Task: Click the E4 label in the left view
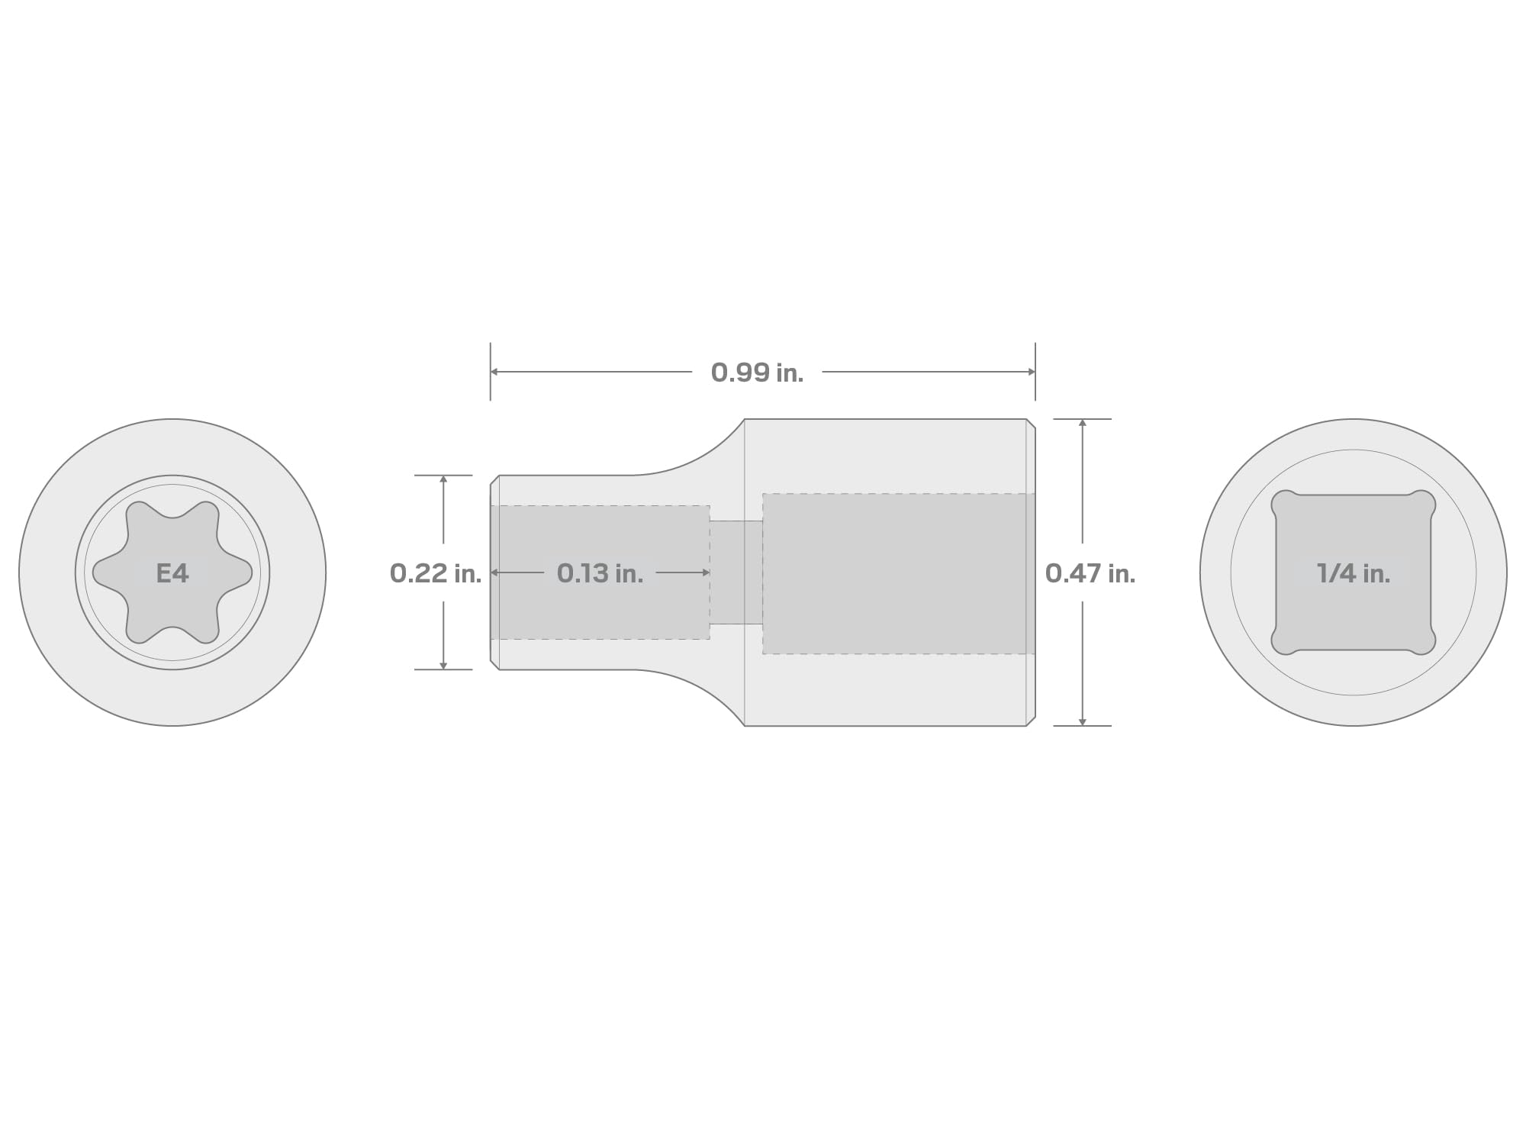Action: [172, 573]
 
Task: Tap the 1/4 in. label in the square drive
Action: [1354, 573]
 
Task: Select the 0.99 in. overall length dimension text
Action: [757, 373]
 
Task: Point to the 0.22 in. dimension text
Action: [436, 573]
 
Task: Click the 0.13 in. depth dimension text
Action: [600, 573]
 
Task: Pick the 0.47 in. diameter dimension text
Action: [1090, 573]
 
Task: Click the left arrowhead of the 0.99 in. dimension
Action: [494, 372]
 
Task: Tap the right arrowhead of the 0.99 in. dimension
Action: [1031, 372]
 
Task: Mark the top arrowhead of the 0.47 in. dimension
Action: [1082, 423]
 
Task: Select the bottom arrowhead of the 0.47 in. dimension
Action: [1082, 721]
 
